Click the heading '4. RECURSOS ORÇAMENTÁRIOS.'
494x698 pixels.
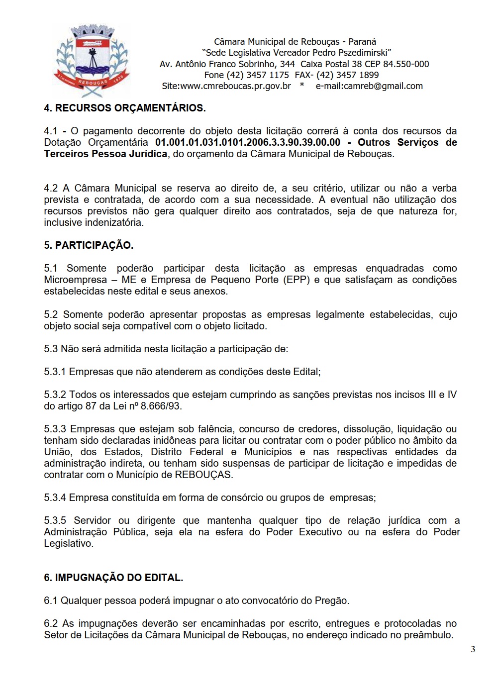(x=124, y=108)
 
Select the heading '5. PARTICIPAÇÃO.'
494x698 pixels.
(x=89, y=245)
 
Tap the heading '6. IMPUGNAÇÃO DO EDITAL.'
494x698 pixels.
(x=113, y=578)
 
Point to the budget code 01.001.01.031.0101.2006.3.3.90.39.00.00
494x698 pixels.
(x=248, y=142)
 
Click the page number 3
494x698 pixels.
(x=473, y=649)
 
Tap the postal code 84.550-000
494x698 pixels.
(x=406, y=64)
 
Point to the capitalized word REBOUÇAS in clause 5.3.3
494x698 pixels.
(x=203, y=475)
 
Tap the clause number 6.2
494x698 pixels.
(x=51, y=623)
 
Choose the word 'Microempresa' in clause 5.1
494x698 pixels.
(x=75, y=280)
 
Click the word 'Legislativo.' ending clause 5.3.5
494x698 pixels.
(x=69, y=543)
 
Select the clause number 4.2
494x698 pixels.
(x=51, y=188)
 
